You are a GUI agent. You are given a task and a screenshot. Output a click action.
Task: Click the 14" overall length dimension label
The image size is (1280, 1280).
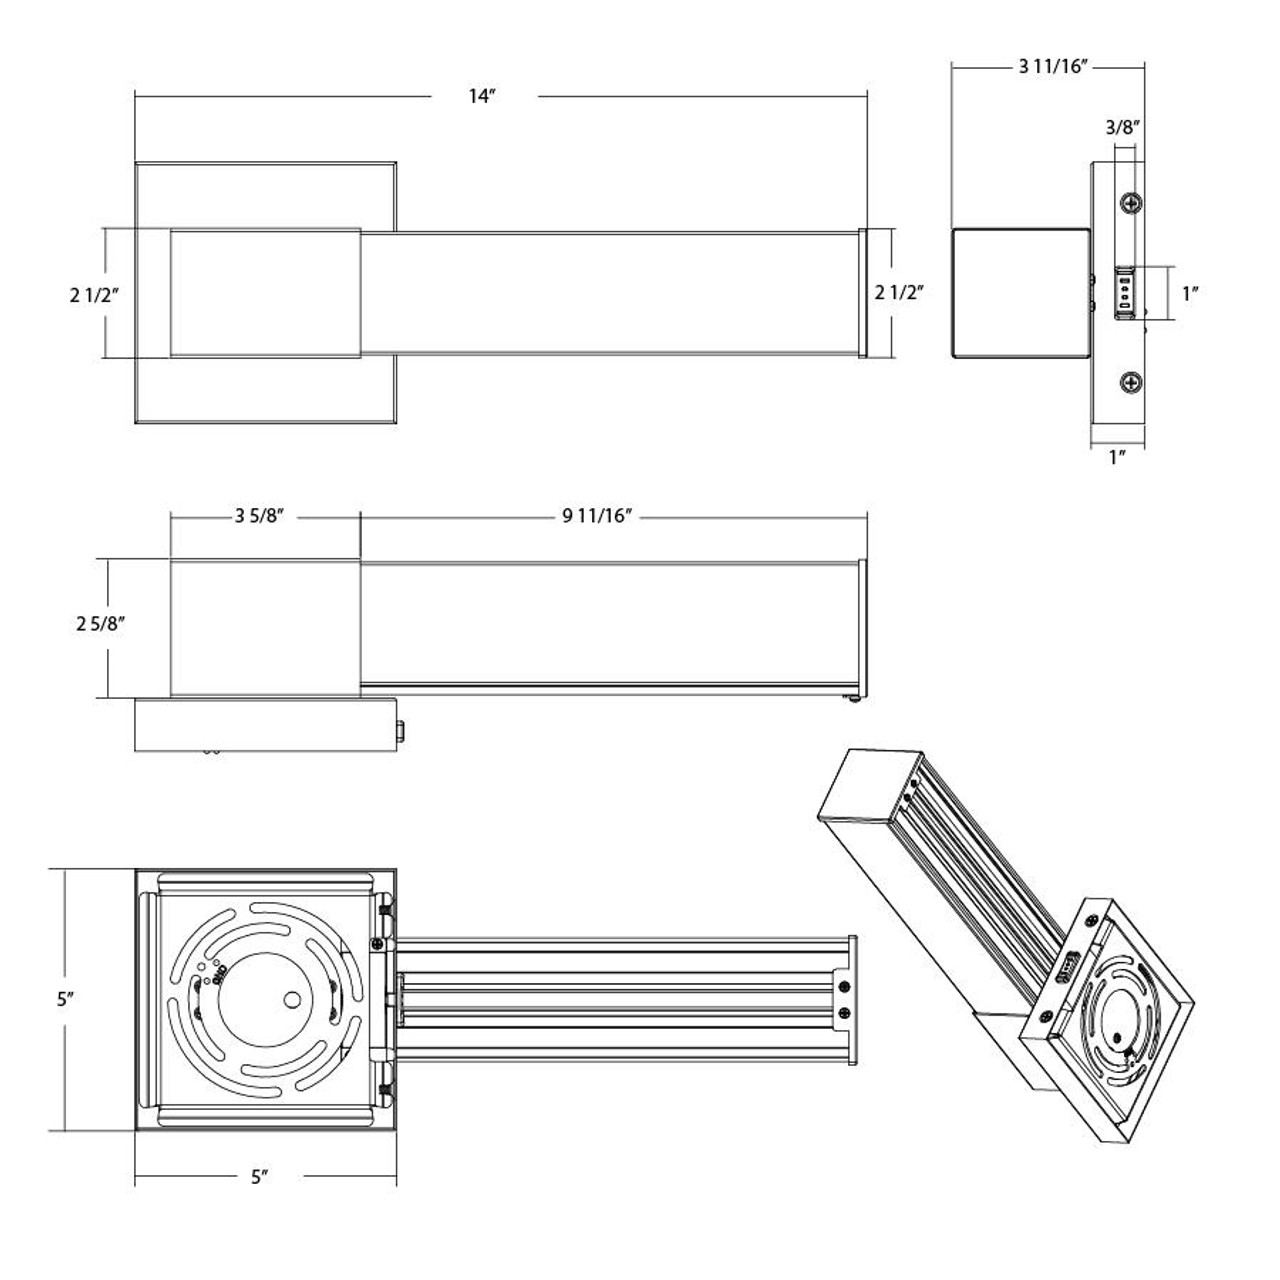point(482,96)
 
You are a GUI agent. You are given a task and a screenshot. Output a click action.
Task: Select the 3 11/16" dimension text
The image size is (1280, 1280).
point(1053,67)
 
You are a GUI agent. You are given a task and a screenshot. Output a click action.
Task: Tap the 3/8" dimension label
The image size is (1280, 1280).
point(1124,127)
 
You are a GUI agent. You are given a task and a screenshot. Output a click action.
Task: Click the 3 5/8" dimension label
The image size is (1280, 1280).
point(261,516)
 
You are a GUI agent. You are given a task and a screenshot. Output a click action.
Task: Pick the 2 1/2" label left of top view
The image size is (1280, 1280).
point(95,293)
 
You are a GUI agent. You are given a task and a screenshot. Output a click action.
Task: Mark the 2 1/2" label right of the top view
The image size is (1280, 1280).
point(898,293)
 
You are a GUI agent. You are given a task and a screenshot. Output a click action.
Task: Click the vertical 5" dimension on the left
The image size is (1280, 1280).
point(64,998)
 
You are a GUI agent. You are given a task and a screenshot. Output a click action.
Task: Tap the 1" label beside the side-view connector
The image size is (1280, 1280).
point(1189,293)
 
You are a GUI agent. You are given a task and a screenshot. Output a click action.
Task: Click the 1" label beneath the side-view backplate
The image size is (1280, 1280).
point(1117,457)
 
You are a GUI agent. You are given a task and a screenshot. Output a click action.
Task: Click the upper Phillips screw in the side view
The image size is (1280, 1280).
point(1131,203)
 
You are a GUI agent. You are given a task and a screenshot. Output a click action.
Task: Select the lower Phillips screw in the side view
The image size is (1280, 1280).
point(1131,381)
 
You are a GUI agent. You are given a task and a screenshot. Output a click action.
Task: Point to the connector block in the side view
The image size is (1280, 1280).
point(1125,293)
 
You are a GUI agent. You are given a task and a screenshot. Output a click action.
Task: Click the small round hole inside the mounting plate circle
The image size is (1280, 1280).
point(291,998)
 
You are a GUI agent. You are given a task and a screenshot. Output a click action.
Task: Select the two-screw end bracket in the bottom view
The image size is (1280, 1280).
point(845,1000)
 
